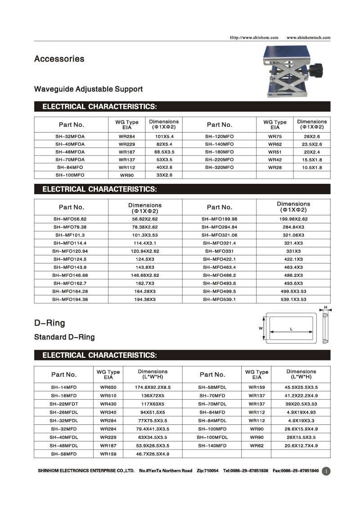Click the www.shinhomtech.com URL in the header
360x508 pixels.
point(308,38)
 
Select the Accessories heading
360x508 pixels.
point(59,59)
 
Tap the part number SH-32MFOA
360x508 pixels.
point(70,136)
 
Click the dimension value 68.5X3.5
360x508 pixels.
point(164,152)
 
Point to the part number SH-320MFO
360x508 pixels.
point(219,167)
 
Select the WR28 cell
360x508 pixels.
point(274,167)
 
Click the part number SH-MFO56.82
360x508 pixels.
point(70,219)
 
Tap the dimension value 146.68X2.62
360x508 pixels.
point(145,275)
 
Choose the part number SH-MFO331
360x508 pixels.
point(219,251)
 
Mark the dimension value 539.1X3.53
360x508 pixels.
point(293,299)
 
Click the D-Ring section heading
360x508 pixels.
point(49,323)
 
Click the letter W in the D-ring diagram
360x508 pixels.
point(261,329)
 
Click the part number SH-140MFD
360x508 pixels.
point(212,446)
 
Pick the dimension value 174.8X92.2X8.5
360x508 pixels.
point(153,387)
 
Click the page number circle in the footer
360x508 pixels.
point(326,471)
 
